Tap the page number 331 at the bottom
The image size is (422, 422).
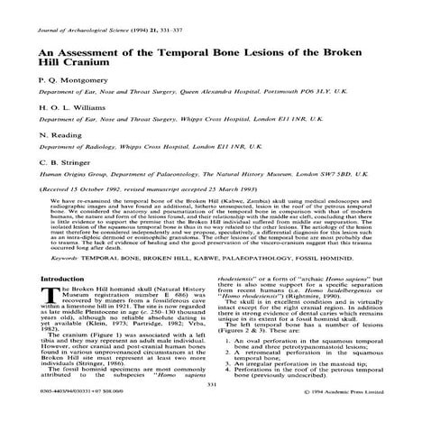pos(211,385)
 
